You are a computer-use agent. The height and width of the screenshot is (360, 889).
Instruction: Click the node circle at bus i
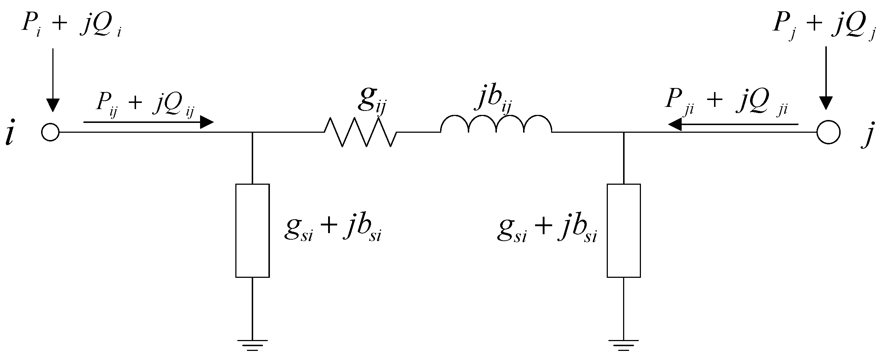click(x=50, y=132)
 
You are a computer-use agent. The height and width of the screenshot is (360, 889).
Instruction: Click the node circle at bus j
click(x=828, y=132)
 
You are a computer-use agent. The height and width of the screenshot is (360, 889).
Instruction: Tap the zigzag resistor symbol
click(x=360, y=132)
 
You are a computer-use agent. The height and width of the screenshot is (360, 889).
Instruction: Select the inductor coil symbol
click(x=496, y=124)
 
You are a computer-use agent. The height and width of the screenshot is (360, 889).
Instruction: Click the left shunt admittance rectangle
click(x=252, y=231)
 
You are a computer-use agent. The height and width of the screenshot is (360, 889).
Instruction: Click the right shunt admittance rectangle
click(x=623, y=231)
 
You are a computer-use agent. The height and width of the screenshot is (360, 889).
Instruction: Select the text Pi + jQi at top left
click(x=71, y=25)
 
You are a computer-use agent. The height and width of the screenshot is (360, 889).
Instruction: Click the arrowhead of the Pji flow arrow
click(x=675, y=124)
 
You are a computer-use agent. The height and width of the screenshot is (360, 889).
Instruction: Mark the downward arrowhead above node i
click(x=53, y=105)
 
